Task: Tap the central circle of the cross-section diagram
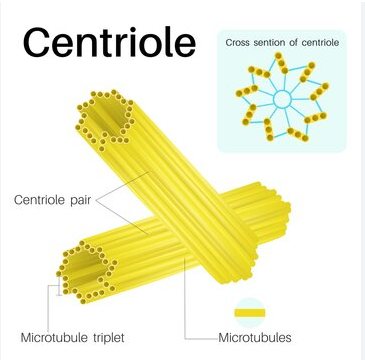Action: pyautogui.click(x=282, y=99)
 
